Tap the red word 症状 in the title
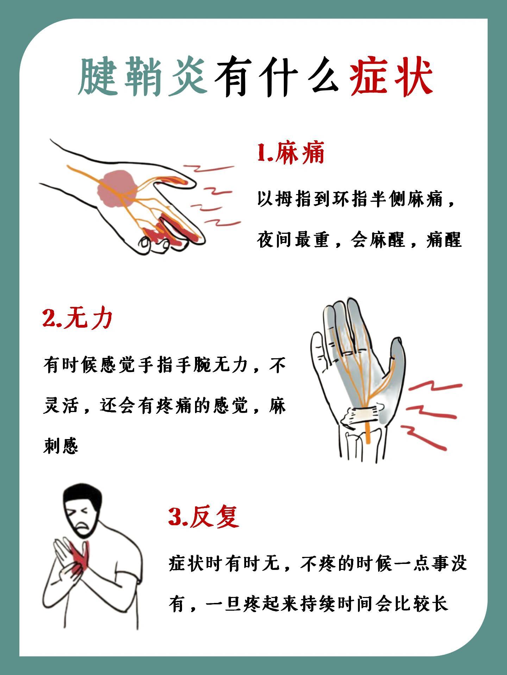[x=391, y=77]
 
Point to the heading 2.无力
[x=77, y=319]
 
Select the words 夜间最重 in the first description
[x=293, y=240]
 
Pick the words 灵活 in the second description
[x=61, y=406]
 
